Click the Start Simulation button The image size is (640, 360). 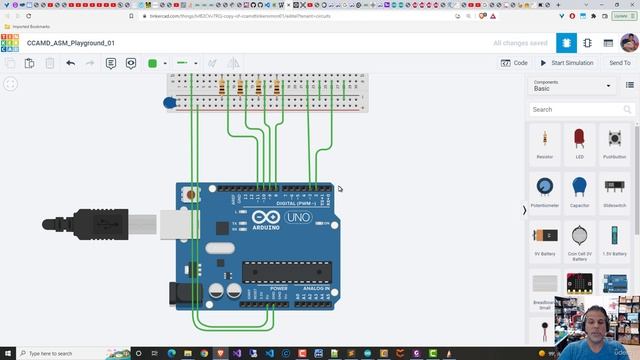[567, 63]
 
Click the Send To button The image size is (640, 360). [619, 63]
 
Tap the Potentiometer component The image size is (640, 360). [545, 190]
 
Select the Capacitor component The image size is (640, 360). [579, 190]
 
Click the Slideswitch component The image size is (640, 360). [614, 190]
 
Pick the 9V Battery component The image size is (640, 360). [545, 239]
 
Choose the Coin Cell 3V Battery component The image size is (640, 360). [579, 239]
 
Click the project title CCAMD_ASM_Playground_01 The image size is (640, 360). [71, 43]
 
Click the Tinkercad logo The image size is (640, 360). [9, 43]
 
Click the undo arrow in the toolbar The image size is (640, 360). [70, 63]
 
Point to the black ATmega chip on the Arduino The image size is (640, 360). [285, 271]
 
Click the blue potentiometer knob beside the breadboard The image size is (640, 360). [170, 102]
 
